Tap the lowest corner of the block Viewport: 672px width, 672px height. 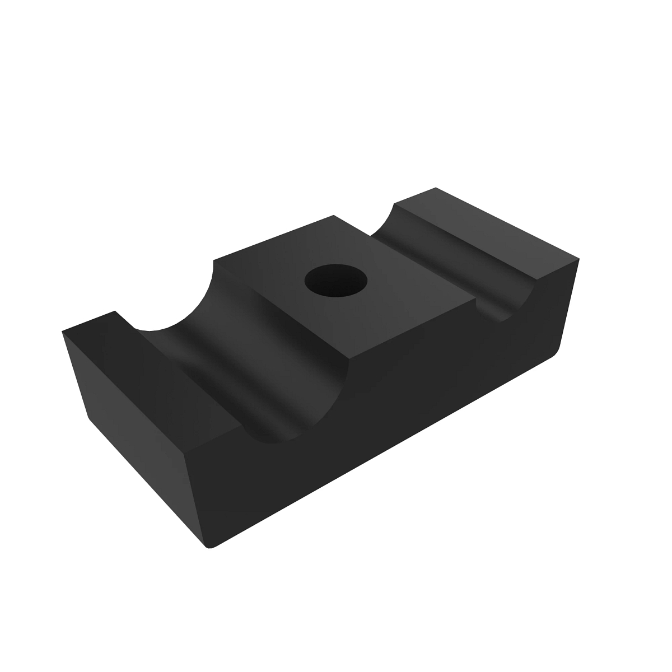[210, 546]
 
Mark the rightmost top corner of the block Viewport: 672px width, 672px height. [577, 259]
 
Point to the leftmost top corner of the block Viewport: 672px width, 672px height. [62, 332]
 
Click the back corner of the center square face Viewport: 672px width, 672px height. [334, 215]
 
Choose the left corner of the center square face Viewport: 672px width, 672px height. [214, 260]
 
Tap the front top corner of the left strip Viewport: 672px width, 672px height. [185, 451]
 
